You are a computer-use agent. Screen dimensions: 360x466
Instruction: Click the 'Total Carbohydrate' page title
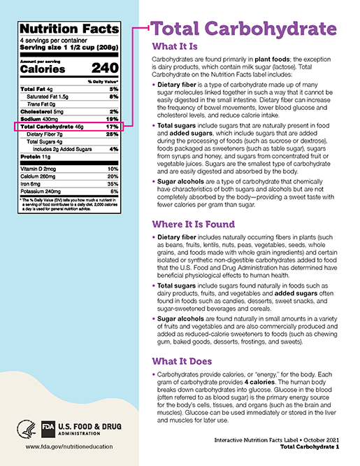click(x=240, y=30)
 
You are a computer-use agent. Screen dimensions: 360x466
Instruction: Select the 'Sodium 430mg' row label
click(x=41, y=119)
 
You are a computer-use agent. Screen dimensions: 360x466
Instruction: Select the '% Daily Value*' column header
click(x=103, y=82)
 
